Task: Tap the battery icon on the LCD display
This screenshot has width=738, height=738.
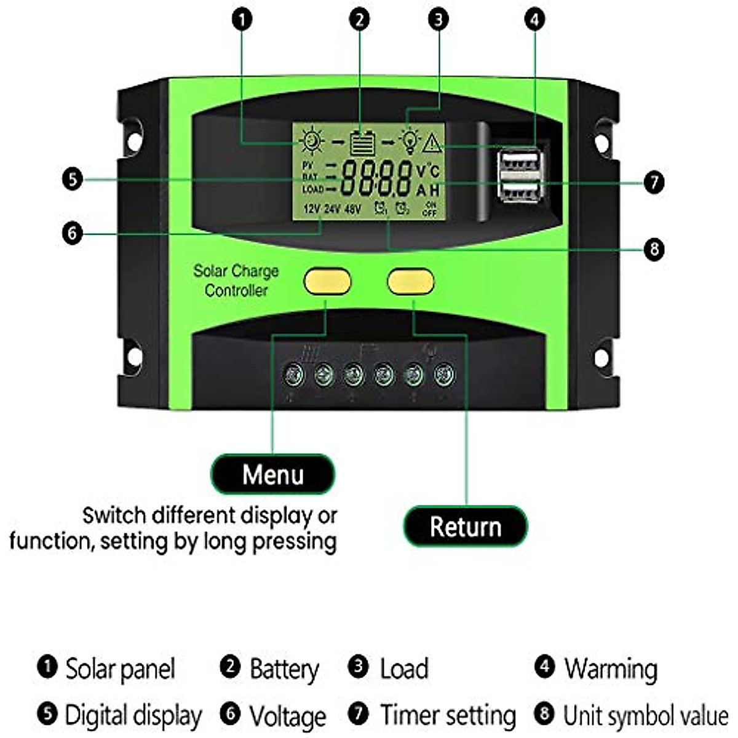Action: coord(362,143)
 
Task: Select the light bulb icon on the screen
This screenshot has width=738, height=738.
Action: coord(408,141)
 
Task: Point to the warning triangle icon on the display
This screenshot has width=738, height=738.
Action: coord(432,143)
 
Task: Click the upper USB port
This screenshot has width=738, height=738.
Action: coord(520,164)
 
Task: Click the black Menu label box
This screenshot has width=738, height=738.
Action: coord(273,474)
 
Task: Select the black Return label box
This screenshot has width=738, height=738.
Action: coord(466,526)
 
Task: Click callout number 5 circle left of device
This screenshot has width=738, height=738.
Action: coord(73,180)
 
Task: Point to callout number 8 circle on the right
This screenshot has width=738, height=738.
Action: coord(654,249)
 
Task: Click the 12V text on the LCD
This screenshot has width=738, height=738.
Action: coord(311,210)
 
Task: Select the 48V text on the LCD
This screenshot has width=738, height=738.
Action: coord(353,210)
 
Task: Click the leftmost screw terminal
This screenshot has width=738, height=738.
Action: coord(294,375)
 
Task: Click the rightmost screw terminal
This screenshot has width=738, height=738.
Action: coord(444,375)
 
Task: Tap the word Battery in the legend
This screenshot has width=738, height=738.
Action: coord(284,669)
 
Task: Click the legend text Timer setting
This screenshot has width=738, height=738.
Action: coord(448,715)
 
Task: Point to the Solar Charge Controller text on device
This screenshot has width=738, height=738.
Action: coord(236,280)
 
